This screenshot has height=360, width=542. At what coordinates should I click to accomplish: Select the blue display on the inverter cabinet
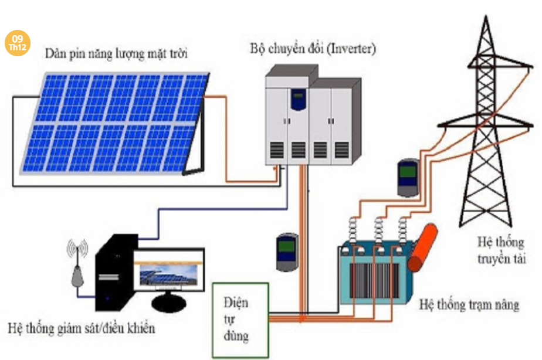(299, 95)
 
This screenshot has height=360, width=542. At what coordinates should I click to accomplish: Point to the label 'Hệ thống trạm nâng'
(469, 305)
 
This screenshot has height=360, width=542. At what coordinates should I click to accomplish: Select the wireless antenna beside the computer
(77, 264)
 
